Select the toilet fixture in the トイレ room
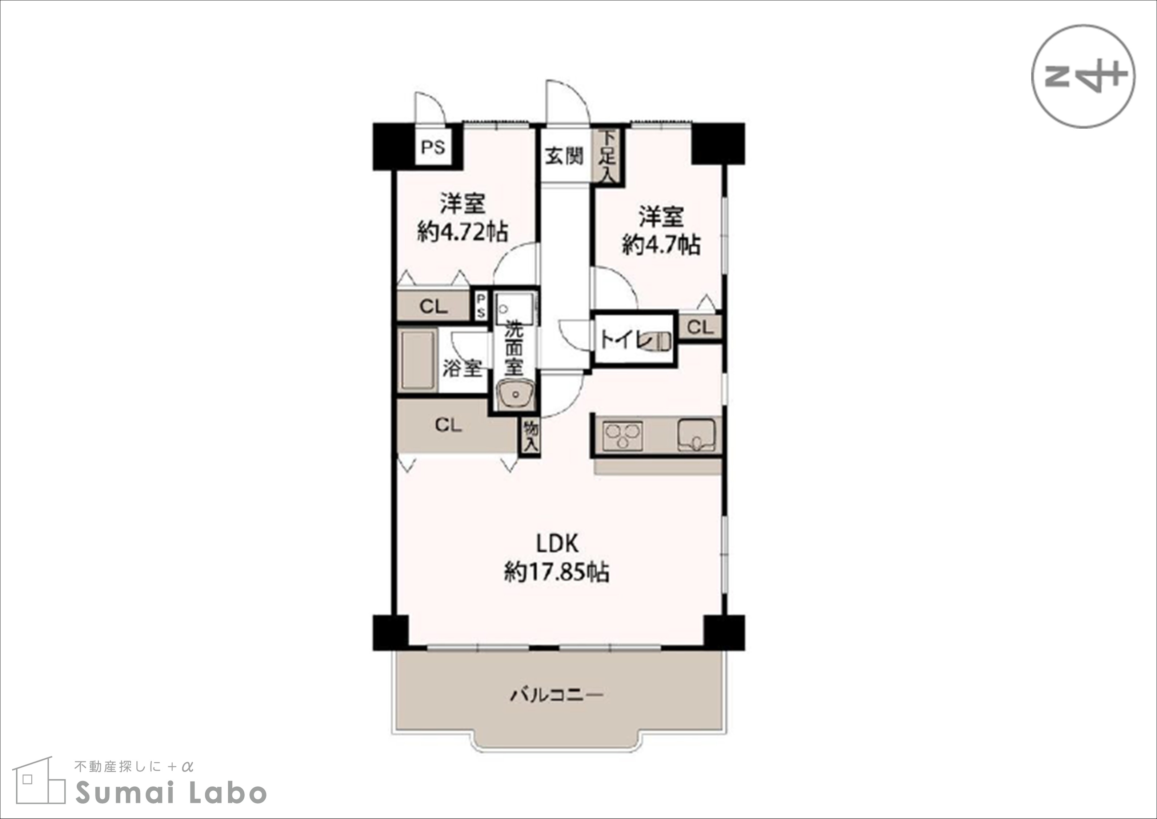pos(662,341)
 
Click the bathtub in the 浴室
pos(418,360)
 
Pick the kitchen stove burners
pos(623,436)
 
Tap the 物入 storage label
pos(531,437)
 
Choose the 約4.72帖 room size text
pos(463,232)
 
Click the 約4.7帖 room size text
pos(661,245)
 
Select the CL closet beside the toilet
pos(700,327)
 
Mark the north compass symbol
pos(1083,76)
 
